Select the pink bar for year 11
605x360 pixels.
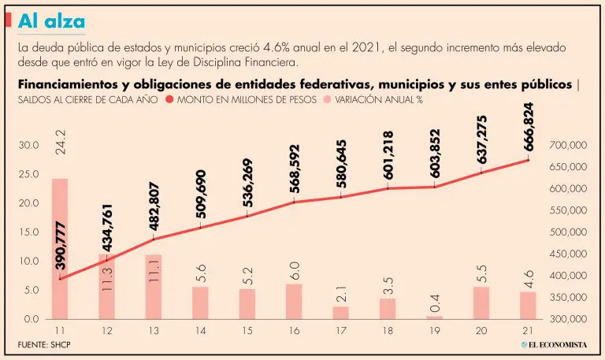pos(60,248)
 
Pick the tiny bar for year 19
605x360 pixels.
pos(434,317)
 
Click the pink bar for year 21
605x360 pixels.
pos(528,305)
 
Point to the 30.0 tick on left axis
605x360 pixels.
pos(29,146)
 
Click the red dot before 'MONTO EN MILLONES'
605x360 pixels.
pos(169,100)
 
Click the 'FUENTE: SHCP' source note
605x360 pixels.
pos(45,345)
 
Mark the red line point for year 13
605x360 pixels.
pos(154,239)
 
